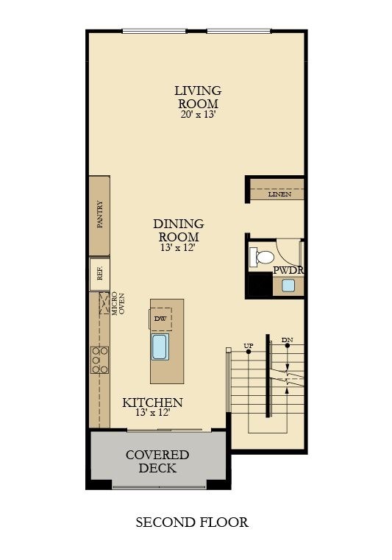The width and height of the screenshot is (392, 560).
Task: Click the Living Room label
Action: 197,97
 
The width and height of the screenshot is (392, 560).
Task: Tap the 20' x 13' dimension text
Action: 197,115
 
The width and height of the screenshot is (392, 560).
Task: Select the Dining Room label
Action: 179,230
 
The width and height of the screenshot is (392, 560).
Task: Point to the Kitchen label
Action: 152,403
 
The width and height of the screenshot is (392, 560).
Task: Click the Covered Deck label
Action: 157,461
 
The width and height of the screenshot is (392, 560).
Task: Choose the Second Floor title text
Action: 192,522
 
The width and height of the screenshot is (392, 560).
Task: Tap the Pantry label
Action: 100,215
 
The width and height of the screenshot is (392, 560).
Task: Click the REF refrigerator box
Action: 100,270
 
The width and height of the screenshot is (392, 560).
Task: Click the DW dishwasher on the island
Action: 160,319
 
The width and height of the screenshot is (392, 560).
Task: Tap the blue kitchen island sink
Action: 160,347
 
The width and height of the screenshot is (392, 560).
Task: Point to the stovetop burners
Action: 99,360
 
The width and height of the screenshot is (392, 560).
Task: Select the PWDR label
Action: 288,270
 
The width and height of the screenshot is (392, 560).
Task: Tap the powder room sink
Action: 288,286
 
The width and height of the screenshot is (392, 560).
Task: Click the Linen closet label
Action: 279,194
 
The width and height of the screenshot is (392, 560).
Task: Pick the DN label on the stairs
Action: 287,340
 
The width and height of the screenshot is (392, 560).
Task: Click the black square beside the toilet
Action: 259,285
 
